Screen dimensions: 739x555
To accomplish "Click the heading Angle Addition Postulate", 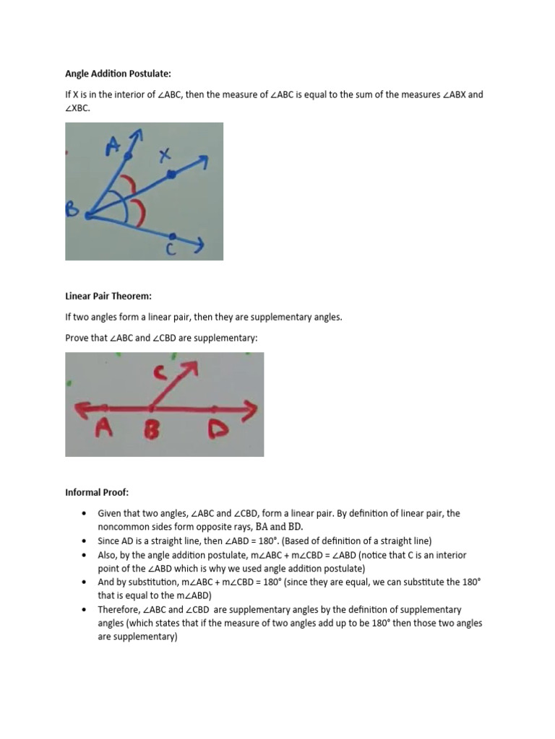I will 119,74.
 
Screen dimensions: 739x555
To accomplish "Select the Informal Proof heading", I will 97,492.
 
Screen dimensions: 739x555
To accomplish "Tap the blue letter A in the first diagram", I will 113,146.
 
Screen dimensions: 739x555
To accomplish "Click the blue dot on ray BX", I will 171,174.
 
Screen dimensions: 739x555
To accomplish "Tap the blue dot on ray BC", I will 172,235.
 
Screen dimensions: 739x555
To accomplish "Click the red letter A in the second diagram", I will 105,430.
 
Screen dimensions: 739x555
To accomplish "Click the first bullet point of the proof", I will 85,513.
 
